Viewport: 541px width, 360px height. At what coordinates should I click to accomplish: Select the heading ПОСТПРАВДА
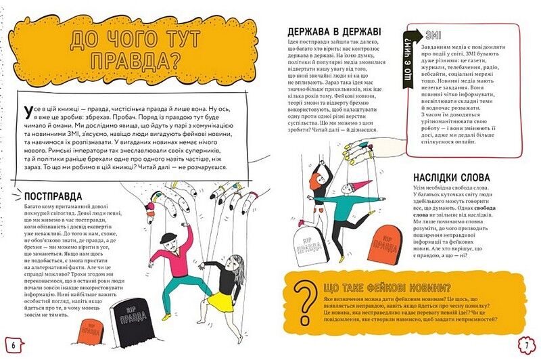(x=59, y=197)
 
